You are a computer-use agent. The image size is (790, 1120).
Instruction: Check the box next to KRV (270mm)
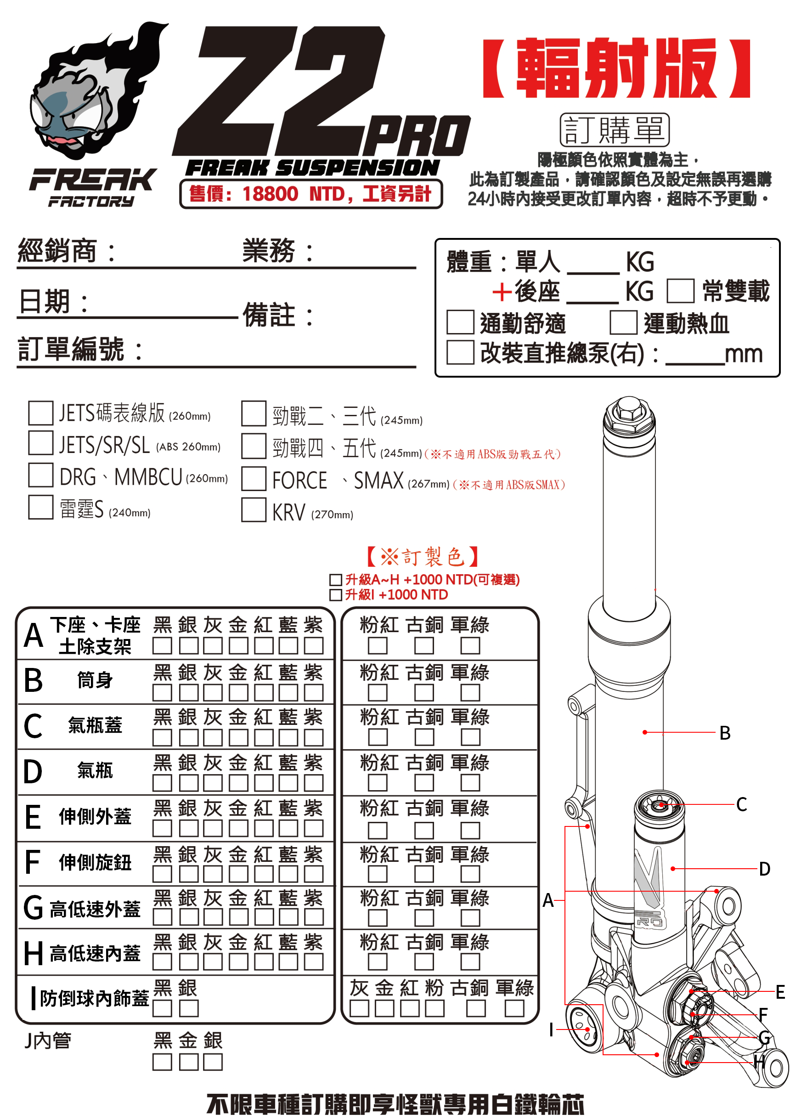(x=254, y=509)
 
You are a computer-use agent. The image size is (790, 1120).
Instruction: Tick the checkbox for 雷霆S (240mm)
(x=40, y=507)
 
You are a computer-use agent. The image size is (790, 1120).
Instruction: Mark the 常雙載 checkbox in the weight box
(x=680, y=291)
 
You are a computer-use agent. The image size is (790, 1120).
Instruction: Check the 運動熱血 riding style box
(x=623, y=322)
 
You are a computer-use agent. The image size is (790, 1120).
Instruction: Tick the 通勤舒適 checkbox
(x=460, y=322)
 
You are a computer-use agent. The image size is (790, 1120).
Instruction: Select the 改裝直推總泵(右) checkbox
(x=460, y=352)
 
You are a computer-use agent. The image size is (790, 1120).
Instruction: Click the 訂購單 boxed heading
(x=614, y=130)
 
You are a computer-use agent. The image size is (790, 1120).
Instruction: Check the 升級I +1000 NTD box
(x=335, y=594)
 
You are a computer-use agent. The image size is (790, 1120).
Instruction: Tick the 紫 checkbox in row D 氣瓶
(x=314, y=782)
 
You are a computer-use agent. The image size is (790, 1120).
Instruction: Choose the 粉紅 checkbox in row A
(x=378, y=645)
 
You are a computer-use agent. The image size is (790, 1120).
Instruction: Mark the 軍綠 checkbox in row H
(x=470, y=962)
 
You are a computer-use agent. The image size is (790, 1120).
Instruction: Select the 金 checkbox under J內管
(x=188, y=1062)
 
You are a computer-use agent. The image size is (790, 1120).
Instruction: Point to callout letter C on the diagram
(x=741, y=804)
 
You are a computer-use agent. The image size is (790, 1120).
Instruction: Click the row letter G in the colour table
(x=33, y=908)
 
